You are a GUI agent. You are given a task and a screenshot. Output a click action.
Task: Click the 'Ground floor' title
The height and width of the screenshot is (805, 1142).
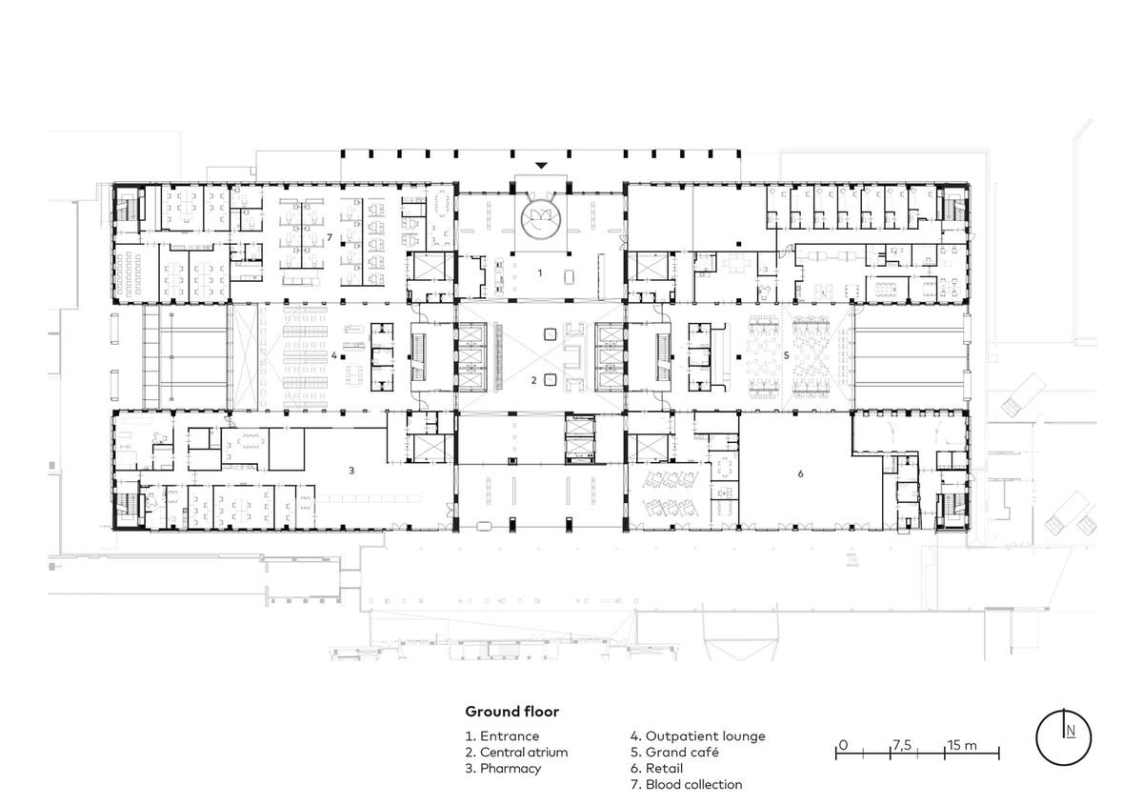512,712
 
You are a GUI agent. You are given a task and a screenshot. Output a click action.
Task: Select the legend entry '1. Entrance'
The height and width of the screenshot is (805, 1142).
503,735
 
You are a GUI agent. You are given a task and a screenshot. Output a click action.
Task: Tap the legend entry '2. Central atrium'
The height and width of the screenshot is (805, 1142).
516,752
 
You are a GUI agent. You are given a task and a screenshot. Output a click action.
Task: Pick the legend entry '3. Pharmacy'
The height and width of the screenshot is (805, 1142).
503,769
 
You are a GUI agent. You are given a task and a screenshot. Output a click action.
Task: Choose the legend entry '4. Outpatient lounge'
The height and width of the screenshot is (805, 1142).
698,735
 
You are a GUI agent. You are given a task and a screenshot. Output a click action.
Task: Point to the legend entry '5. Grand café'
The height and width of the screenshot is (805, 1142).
674,752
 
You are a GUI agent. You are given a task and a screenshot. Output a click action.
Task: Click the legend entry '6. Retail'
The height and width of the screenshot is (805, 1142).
657,768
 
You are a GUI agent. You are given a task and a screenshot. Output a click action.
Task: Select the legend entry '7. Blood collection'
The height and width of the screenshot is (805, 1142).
687,784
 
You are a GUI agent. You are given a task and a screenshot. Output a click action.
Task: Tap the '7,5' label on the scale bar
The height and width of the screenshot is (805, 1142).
901,745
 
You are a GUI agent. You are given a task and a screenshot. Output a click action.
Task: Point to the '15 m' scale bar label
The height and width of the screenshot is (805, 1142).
961,745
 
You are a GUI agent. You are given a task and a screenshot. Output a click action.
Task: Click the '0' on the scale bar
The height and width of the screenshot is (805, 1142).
843,745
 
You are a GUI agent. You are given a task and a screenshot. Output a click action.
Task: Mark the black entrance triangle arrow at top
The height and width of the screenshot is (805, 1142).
540,166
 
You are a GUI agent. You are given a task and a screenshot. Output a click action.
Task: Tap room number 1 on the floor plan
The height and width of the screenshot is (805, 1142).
540,273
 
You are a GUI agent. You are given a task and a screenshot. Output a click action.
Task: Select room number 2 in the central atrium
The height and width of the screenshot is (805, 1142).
534,379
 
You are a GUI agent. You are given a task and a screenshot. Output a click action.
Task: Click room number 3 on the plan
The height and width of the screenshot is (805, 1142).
351,471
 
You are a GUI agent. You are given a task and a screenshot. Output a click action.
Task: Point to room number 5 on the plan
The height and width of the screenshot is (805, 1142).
786,355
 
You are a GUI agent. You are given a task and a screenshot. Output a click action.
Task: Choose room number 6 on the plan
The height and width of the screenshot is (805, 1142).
800,473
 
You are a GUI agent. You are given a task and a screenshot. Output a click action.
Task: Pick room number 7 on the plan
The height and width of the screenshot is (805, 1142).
330,237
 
